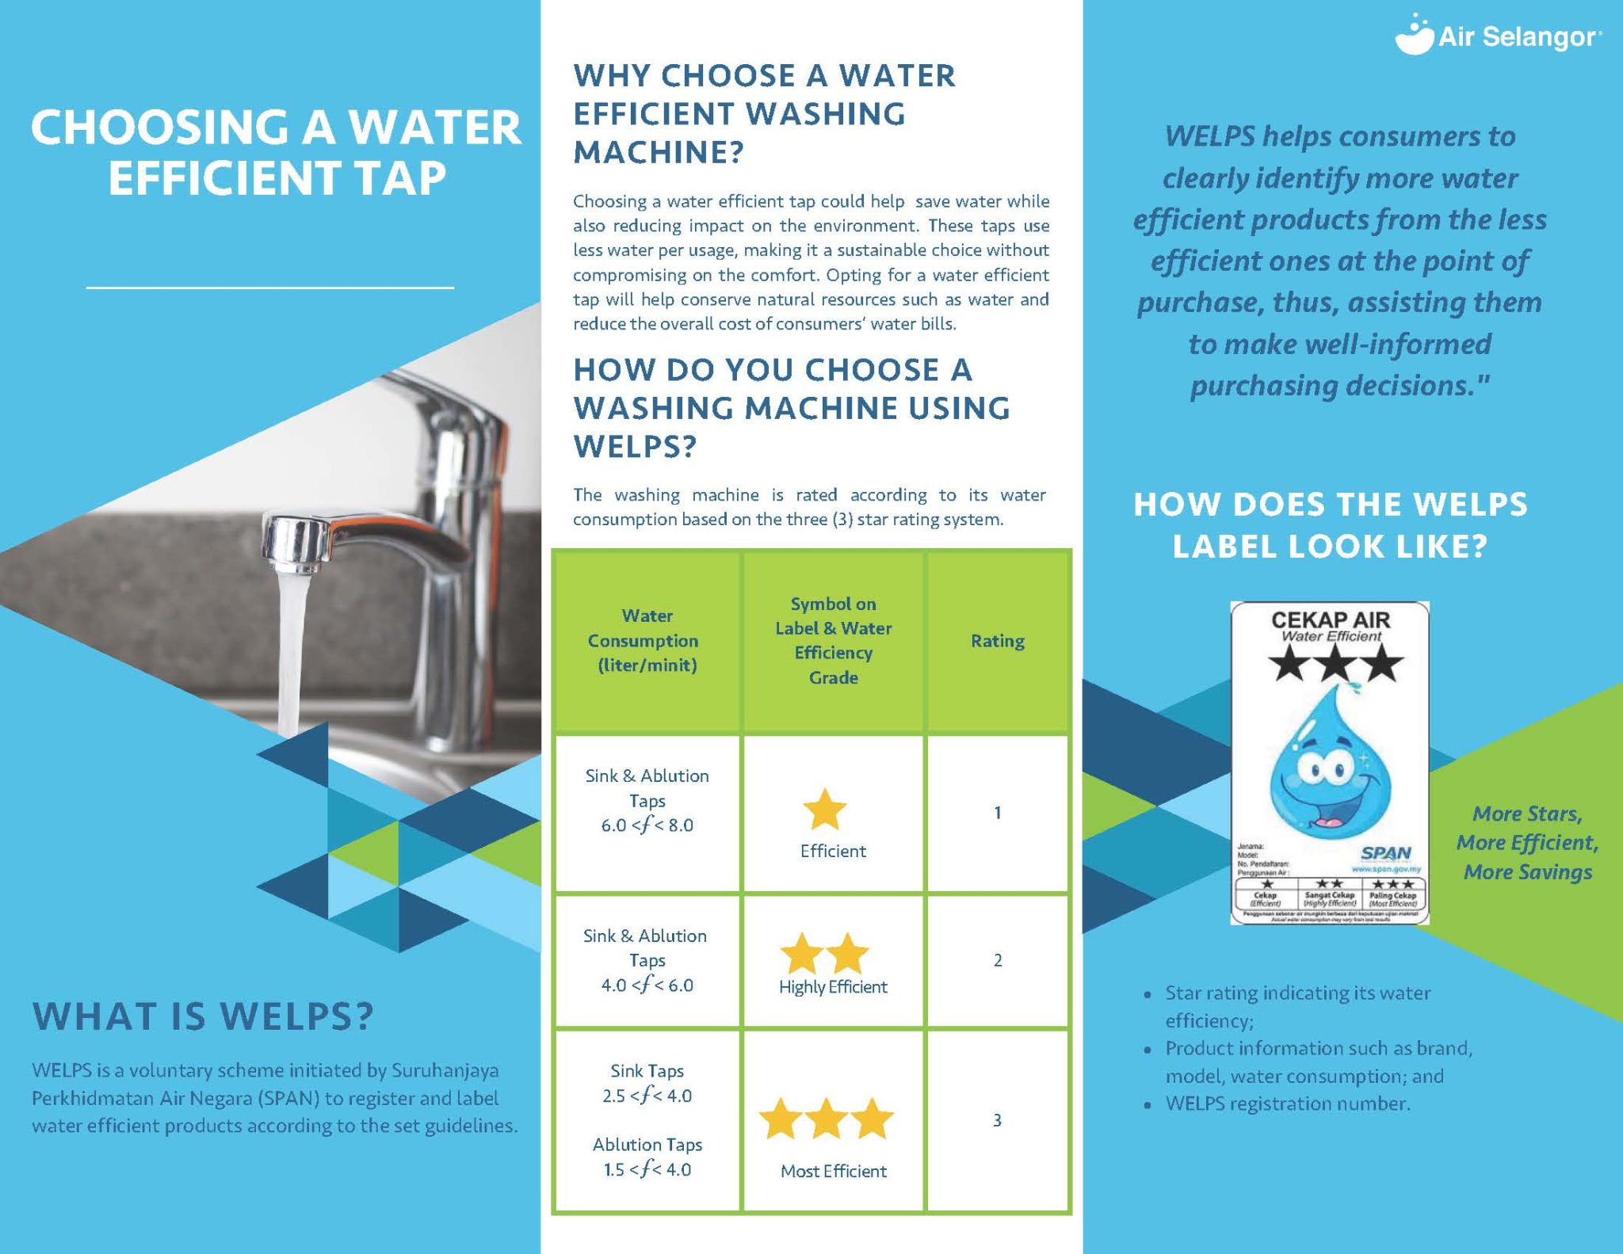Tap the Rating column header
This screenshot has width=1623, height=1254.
[997, 641]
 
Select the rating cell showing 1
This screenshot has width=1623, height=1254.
[997, 813]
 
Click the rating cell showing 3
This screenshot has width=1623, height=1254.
[997, 1120]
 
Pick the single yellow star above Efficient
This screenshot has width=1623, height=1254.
[825, 809]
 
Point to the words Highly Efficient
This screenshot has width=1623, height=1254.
[833, 987]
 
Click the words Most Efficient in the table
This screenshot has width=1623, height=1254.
[833, 1171]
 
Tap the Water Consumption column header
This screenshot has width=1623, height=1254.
[647, 640]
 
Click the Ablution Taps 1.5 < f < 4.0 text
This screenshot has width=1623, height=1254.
[647, 1157]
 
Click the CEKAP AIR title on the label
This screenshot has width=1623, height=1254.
[1331, 619]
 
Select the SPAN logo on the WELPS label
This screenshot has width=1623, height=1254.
[1385, 853]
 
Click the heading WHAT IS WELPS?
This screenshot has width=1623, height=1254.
[203, 1016]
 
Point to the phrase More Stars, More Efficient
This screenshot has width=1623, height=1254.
[1527, 828]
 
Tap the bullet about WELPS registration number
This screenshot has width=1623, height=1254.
[1287, 1103]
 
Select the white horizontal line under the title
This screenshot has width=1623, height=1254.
[269, 287]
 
